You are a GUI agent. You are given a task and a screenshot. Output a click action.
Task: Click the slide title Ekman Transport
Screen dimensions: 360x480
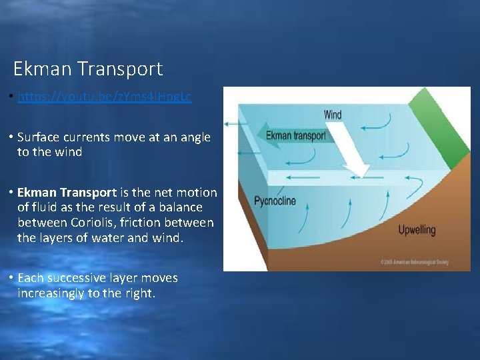[x=87, y=69]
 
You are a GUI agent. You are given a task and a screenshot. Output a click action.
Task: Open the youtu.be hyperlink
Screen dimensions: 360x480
[x=104, y=97]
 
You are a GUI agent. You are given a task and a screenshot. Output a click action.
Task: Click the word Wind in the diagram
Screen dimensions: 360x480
[x=333, y=115]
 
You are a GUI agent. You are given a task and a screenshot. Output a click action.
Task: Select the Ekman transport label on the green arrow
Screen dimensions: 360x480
[x=296, y=136]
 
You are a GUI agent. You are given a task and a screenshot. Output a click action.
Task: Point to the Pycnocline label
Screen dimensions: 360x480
[x=275, y=201]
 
